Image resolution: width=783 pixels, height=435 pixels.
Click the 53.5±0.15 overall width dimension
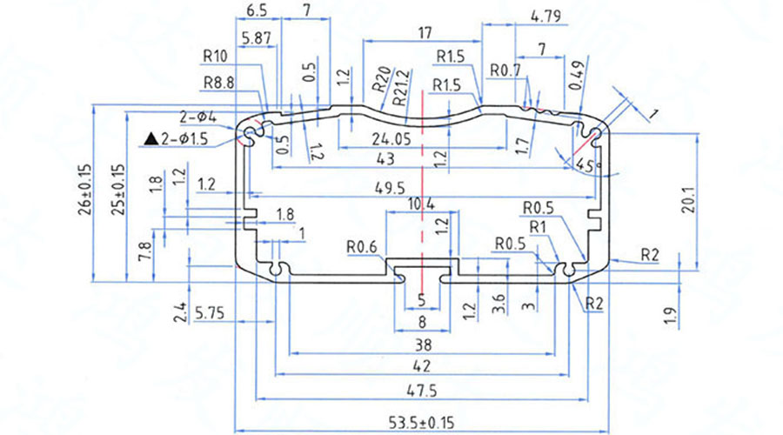pos(422,422)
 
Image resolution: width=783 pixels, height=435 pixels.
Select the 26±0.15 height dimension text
pos(85,190)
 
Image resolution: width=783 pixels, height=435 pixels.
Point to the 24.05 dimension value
pos(391,138)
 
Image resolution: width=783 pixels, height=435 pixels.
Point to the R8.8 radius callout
pos(220,84)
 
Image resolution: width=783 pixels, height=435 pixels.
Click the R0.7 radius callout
pos(505,69)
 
